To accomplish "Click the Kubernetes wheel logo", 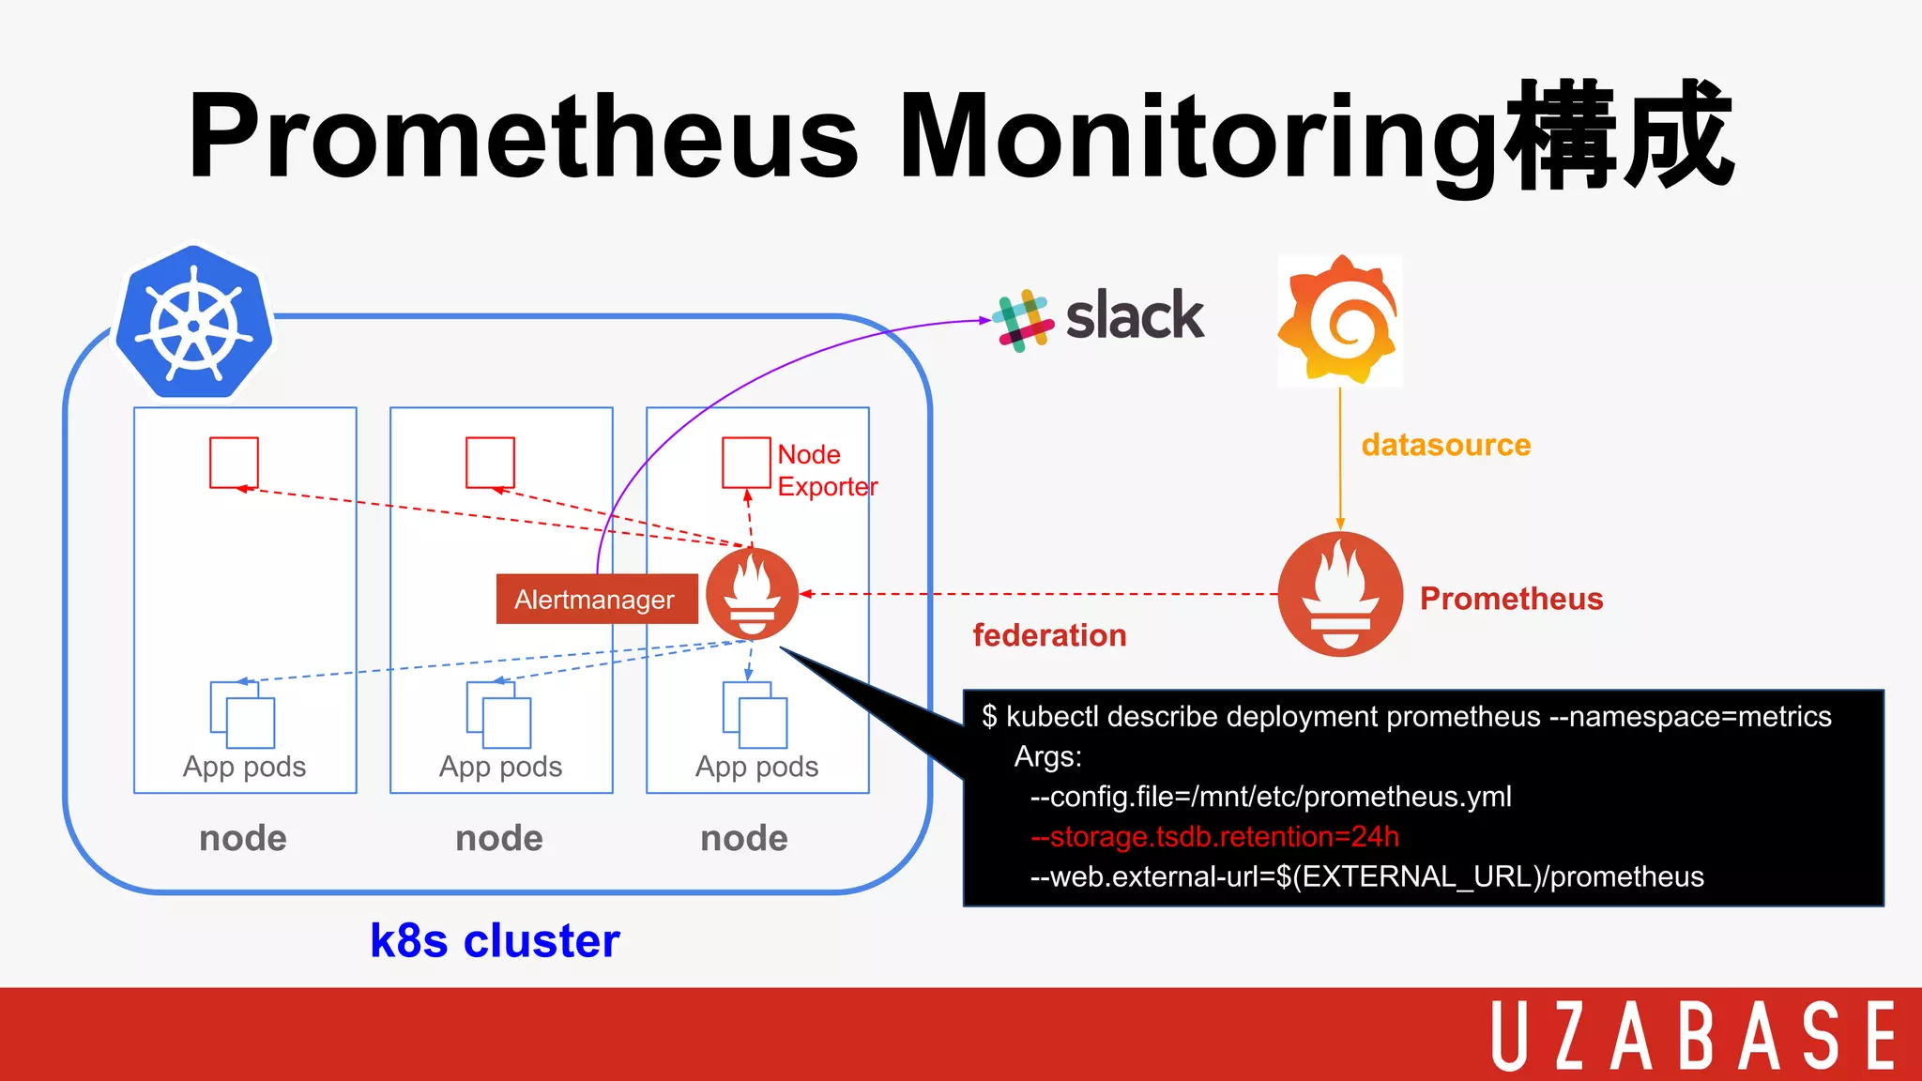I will [193, 323].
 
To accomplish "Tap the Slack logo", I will [1099, 318].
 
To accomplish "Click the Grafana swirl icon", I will [1339, 321].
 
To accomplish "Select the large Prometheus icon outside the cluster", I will [1340, 594].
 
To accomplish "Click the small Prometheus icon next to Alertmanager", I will [752, 594].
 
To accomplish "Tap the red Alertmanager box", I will [596, 600].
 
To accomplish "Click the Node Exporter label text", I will [825, 470].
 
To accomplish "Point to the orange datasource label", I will [1445, 445].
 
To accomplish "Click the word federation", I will [1049, 635].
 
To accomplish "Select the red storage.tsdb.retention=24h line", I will [1214, 836].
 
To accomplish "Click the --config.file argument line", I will [1271, 797].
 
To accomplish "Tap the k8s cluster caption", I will [495, 940].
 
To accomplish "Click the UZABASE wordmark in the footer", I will [1693, 1036].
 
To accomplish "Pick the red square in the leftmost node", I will [234, 462].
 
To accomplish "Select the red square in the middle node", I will [490, 462].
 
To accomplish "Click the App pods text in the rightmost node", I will [756, 767].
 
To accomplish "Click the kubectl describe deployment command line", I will [1406, 717].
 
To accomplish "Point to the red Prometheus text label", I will [1511, 599].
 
